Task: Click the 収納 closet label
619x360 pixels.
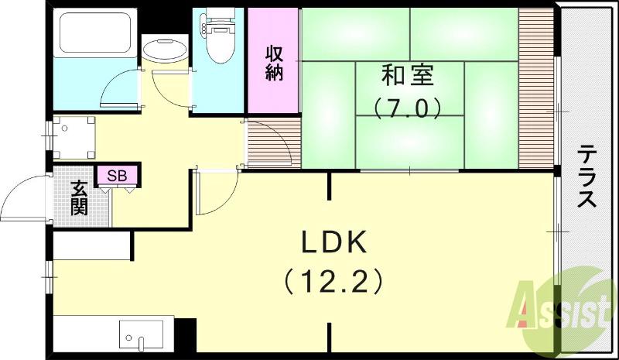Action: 274,63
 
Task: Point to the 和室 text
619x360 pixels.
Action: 407,77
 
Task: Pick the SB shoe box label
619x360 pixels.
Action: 117,176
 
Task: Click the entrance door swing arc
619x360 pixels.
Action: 23,201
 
